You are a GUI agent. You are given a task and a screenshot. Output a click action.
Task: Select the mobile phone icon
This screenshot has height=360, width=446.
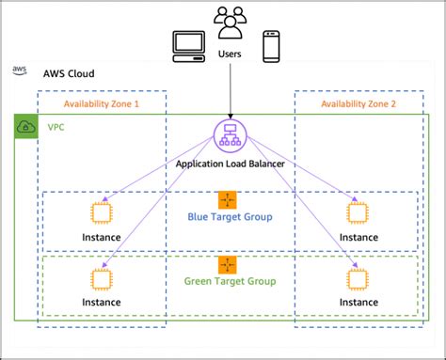[x=271, y=46]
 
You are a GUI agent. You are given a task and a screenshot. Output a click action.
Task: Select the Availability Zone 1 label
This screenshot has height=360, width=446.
[x=101, y=103]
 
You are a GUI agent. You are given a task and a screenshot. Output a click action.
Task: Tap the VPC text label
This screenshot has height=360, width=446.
[x=57, y=125]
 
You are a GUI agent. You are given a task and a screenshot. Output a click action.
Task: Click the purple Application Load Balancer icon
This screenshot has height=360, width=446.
[x=229, y=134]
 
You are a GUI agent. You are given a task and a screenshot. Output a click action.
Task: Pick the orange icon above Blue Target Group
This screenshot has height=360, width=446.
[x=229, y=200]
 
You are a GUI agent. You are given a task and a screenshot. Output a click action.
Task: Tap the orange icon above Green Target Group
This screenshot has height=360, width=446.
[x=229, y=264]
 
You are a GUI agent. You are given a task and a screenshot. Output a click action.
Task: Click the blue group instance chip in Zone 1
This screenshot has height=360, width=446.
[x=101, y=212]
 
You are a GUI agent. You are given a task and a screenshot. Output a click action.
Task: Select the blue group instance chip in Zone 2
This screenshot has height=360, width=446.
[x=357, y=212]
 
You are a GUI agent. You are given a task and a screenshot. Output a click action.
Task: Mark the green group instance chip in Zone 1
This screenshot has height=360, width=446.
[x=101, y=278]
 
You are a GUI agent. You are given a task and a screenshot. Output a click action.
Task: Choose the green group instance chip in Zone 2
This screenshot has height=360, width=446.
[x=357, y=278]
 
